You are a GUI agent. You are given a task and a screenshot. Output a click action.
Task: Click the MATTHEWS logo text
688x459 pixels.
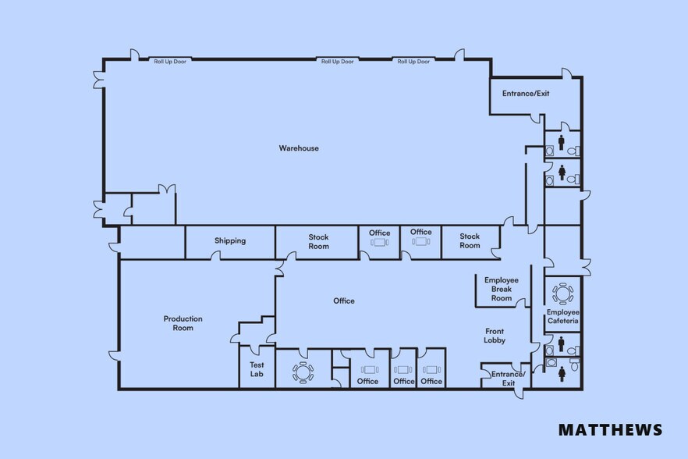tap(610, 429)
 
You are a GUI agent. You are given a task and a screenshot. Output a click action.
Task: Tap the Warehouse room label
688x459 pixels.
tap(299, 148)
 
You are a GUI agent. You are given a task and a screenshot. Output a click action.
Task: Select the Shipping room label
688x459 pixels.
tap(230, 241)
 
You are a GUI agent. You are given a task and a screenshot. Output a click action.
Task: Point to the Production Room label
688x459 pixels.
tap(183, 323)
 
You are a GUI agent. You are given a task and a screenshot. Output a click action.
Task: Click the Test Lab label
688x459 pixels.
tap(257, 369)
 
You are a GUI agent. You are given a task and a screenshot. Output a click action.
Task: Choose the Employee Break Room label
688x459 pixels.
tap(502, 289)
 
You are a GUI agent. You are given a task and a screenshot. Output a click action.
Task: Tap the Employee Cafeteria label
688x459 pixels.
tap(562, 316)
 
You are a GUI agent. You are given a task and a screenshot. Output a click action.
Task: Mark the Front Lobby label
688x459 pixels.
tap(495, 336)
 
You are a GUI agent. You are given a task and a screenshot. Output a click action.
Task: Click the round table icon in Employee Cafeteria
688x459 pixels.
tap(562, 294)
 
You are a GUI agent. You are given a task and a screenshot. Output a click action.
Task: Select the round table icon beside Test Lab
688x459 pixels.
tap(302, 372)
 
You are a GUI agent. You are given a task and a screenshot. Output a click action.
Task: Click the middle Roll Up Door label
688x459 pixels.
tap(338, 62)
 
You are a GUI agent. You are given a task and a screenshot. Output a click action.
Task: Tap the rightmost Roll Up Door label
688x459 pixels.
tap(413, 62)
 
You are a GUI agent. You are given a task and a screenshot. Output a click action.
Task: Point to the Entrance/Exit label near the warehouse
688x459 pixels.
tap(526, 94)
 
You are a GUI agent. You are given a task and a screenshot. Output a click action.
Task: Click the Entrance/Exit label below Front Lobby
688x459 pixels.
tap(509, 379)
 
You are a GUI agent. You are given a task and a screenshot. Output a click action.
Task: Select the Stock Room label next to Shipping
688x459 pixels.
tap(318, 241)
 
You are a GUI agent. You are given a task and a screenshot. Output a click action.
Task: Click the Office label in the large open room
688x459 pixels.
tap(344, 301)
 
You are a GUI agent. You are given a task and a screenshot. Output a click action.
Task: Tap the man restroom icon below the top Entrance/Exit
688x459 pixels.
tap(561, 141)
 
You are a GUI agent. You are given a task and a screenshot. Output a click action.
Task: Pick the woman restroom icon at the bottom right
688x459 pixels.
tap(562, 374)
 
